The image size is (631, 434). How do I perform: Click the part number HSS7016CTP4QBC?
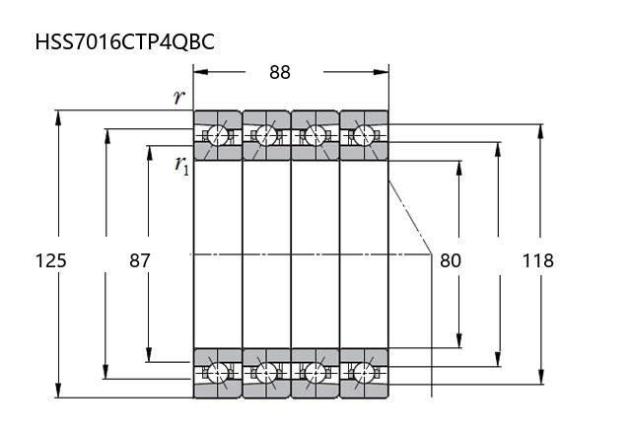point(124,42)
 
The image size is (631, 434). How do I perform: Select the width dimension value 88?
point(279,72)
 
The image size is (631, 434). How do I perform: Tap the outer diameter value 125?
point(50,260)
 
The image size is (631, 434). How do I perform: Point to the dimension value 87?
point(140,260)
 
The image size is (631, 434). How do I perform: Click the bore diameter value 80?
point(450,260)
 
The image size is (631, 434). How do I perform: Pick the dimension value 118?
point(537,260)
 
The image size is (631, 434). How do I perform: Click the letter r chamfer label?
point(178,97)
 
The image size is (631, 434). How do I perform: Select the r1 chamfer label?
point(182,165)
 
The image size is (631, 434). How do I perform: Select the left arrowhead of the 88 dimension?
point(198,71)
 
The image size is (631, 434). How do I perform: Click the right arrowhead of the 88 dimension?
point(384,71)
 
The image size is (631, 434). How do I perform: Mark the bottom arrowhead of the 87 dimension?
point(148,355)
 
